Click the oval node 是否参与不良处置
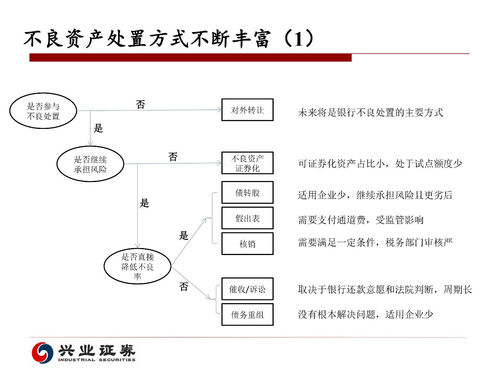pyautogui.click(x=43, y=111)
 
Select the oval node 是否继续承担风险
pyautogui.click(x=90, y=164)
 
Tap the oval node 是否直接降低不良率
pyautogui.click(x=138, y=266)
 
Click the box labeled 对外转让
pyautogui.click(x=248, y=110)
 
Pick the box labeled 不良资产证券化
pyautogui.click(x=248, y=163)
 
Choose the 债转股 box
pyautogui.click(x=248, y=193)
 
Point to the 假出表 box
pyautogui.click(x=248, y=218)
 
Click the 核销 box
pyautogui.click(x=248, y=244)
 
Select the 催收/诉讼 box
pyautogui.click(x=248, y=289)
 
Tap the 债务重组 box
pyautogui.click(x=248, y=315)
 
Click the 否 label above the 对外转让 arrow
pyautogui.click(x=140, y=104)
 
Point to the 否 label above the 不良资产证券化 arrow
pyautogui.click(x=173, y=157)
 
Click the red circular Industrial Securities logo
pyautogui.click(x=42, y=353)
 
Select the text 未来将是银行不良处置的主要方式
pyautogui.click(x=370, y=112)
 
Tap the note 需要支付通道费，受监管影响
pyautogui.click(x=361, y=220)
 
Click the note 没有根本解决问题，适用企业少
pyautogui.click(x=366, y=314)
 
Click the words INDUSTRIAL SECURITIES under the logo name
pyautogui.click(x=97, y=360)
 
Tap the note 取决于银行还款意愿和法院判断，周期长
pyautogui.click(x=385, y=289)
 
